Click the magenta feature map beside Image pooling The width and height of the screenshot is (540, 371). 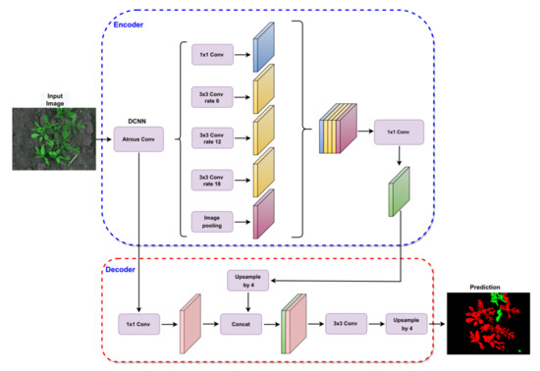pos(262,217)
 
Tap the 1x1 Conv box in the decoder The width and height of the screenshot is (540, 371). pos(140,323)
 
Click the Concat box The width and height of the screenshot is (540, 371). pos(244,323)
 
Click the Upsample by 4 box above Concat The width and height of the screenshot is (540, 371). pos(244,282)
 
